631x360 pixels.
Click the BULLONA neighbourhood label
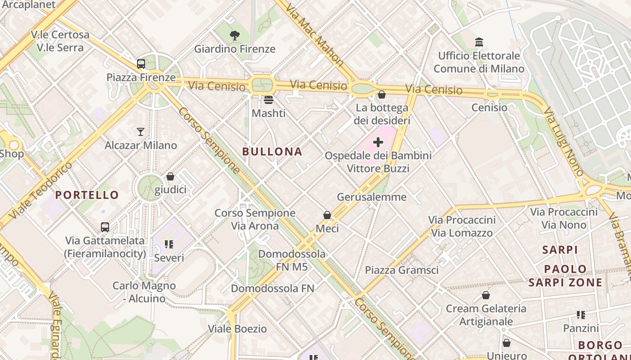click(x=272, y=152)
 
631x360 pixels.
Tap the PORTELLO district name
click(x=87, y=195)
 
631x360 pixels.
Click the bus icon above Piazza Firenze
click(x=141, y=64)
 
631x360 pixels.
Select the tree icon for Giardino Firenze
click(x=234, y=36)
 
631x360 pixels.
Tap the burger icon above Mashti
click(x=269, y=99)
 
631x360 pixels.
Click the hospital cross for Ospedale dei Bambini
click(x=378, y=143)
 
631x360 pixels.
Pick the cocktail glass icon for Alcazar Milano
click(x=141, y=132)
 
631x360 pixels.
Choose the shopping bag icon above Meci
click(x=327, y=216)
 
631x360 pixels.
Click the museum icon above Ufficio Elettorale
click(x=479, y=42)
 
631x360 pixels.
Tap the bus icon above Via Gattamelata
click(x=105, y=227)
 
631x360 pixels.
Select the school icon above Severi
click(x=169, y=244)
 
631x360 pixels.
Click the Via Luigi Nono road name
click(x=564, y=141)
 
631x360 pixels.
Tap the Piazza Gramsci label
click(x=402, y=270)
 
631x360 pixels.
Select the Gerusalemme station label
click(x=372, y=197)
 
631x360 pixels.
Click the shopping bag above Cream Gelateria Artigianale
click(x=486, y=295)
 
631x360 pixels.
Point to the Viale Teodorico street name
click(x=41, y=191)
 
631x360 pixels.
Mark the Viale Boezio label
click(x=237, y=329)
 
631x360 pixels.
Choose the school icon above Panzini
click(x=581, y=315)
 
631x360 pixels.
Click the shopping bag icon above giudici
click(x=170, y=176)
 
